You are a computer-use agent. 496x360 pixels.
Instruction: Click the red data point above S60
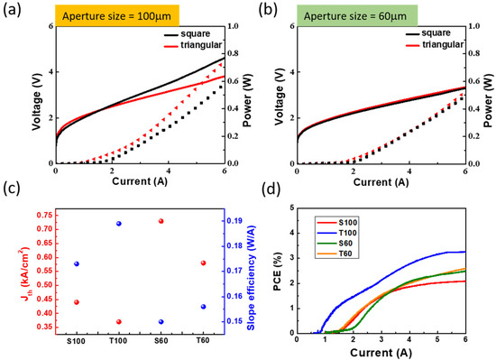click(161, 221)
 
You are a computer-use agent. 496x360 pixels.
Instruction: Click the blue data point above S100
click(77, 263)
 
